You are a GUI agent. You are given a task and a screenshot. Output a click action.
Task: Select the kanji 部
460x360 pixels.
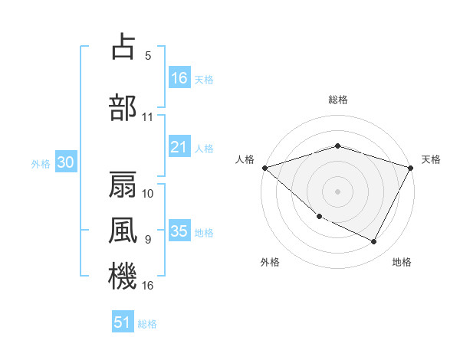pos(123,106)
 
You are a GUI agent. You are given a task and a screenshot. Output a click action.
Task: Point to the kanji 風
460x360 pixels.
pos(123,231)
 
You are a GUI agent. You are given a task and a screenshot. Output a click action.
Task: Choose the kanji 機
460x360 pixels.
pos(123,277)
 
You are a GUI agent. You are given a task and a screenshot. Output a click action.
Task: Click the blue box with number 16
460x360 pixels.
pos(179,78)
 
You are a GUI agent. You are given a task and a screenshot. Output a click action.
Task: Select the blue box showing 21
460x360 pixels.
pos(179,147)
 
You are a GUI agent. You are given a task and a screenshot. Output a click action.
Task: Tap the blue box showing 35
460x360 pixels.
pos(179,231)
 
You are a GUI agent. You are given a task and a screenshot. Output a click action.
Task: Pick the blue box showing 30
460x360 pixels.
pos(65,162)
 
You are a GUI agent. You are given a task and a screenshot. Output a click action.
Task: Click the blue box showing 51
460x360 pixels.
pos(123,322)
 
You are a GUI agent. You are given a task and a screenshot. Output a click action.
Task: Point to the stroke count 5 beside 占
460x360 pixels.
pos(147,55)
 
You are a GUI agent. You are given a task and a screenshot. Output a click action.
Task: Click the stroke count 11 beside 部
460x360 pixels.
pos(147,117)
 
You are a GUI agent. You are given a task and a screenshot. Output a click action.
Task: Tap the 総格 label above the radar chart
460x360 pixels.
pos(337,100)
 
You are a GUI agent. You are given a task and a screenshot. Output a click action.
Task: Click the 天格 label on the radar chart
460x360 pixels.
pos(431,159)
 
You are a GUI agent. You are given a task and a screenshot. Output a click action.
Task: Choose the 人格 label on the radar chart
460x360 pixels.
pos(245,159)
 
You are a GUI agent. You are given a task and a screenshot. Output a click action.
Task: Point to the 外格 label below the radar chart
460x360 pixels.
pos(270,263)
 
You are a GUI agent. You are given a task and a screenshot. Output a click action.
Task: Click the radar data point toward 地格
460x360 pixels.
pos(374,242)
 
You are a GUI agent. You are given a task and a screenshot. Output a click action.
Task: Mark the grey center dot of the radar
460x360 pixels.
pos(337,191)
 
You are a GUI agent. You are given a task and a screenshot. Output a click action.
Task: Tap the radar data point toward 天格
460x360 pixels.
pos(411,168)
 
